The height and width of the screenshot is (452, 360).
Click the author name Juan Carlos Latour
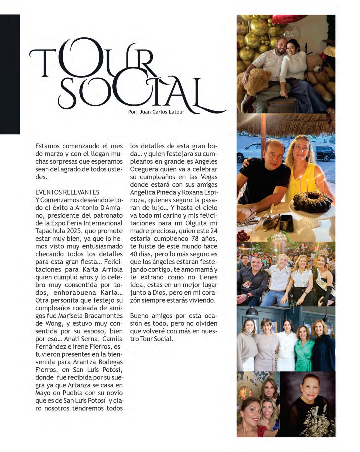(162, 112)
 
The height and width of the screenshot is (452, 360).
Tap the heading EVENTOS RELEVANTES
(67, 192)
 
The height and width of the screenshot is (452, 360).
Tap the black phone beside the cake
(286, 223)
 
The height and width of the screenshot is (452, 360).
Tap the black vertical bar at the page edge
(10, 74)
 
